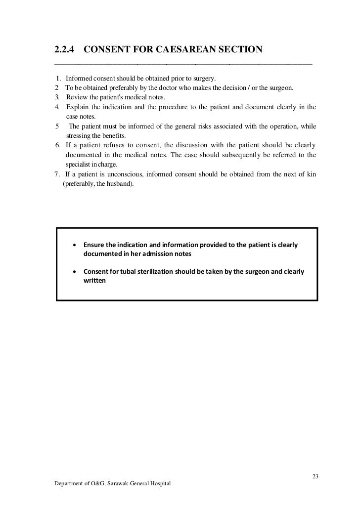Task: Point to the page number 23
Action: coord(315,476)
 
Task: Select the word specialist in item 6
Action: coord(79,165)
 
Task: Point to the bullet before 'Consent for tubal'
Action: coord(74,272)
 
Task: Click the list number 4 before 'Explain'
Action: coord(57,107)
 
